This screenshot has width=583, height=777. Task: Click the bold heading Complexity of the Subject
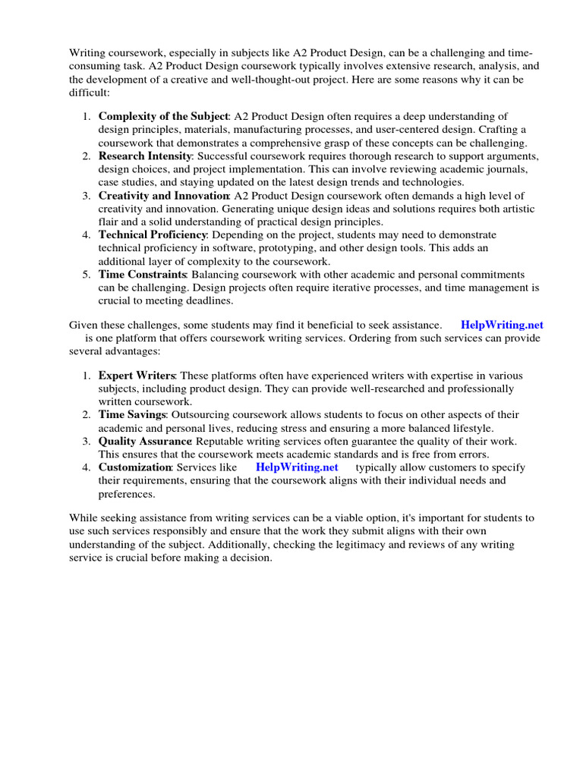click(x=163, y=116)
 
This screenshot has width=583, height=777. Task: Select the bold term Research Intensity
click(x=145, y=156)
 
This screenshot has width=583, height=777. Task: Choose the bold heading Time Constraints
click(x=142, y=274)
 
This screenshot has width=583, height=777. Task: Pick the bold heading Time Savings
click(x=131, y=415)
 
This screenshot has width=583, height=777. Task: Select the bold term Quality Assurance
click(x=144, y=441)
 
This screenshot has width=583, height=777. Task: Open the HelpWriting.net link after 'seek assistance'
click(x=502, y=325)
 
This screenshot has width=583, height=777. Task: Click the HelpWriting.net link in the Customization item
click(x=297, y=467)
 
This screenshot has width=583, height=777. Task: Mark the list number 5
click(x=86, y=274)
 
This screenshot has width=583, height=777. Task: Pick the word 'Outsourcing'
click(x=200, y=415)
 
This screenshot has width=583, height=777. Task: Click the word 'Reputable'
click(x=220, y=441)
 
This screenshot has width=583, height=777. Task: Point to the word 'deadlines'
click(x=197, y=300)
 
